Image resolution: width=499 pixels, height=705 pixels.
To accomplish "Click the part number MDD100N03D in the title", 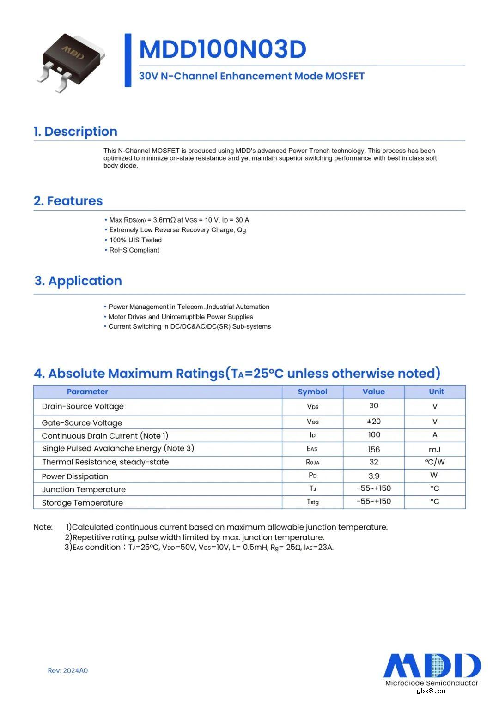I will click(x=222, y=49).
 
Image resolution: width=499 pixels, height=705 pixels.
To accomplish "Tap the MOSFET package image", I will click(x=72, y=62).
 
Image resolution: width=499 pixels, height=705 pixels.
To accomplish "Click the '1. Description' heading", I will click(x=75, y=132).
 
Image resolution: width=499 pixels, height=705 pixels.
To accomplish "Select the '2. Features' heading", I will click(x=68, y=201).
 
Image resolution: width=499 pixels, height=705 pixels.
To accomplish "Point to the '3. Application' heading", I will click(x=78, y=281).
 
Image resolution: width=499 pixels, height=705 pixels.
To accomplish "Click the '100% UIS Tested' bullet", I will click(x=135, y=240).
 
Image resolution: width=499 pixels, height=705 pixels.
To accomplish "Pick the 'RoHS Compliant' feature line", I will click(x=134, y=250).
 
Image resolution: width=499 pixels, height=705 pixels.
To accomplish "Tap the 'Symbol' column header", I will click(x=312, y=392).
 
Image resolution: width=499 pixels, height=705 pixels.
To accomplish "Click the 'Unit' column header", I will click(x=436, y=392).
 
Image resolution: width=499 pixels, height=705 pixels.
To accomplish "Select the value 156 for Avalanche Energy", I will click(x=374, y=449).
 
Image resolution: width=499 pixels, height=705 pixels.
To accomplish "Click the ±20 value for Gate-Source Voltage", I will click(x=373, y=421).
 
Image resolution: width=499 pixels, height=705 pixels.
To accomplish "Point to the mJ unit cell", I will click(x=434, y=449).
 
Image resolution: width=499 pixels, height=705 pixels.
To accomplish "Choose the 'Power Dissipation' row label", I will click(x=75, y=476).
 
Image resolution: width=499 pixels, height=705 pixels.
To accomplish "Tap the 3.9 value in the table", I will click(x=374, y=476).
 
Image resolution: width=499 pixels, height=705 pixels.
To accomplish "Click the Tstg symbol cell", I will click(x=313, y=502).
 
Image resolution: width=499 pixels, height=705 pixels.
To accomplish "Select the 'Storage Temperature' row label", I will click(x=82, y=503).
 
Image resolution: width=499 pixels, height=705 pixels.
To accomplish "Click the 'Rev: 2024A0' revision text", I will click(x=67, y=670).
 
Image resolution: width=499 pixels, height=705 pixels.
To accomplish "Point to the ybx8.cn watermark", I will click(x=431, y=691).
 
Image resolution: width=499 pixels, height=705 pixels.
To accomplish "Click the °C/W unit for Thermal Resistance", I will click(x=434, y=462).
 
